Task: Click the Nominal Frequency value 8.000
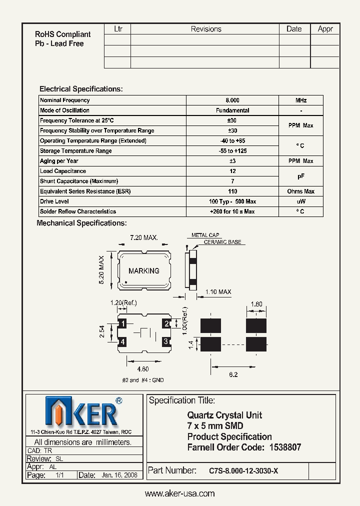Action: pos(232,100)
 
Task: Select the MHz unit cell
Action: pos(301,100)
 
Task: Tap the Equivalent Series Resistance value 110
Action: pos(232,191)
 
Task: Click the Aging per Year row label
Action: pos(59,161)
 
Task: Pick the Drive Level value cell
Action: pos(232,201)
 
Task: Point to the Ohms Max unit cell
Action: pos(301,191)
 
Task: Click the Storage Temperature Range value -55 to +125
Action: pos(232,151)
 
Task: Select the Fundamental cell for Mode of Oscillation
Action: pos(232,110)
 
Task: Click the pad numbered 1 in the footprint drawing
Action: pos(123,324)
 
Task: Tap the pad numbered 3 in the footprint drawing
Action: pos(166,342)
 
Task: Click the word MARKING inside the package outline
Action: pos(144,270)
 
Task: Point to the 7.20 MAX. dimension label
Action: pos(144,238)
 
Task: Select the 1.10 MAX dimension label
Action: pos(218,292)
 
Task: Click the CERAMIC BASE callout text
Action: pos(222,242)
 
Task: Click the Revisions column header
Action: pos(206,29)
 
